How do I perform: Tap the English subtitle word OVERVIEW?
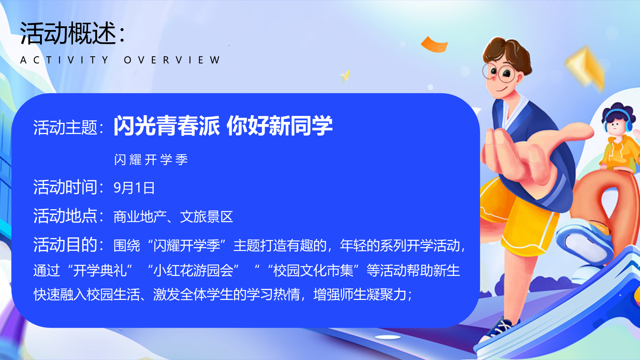(x=172, y=60)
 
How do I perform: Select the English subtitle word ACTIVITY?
(x=64, y=60)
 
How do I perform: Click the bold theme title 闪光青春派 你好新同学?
(x=223, y=126)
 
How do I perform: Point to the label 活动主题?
(x=65, y=127)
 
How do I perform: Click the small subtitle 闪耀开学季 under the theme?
(x=151, y=160)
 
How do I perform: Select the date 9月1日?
(x=134, y=188)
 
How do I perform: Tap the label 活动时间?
(x=65, y=187)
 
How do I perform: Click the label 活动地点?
(x=65, y=216)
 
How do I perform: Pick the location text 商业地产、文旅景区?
(x=173, y=217)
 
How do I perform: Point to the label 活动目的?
(x=65, y=245)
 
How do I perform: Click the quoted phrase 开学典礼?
(x=100, y=270)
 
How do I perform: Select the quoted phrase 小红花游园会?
(x=193, y=270)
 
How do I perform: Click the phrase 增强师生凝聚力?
(x=360, y=294)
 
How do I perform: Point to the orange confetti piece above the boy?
(x=435, y=44)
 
